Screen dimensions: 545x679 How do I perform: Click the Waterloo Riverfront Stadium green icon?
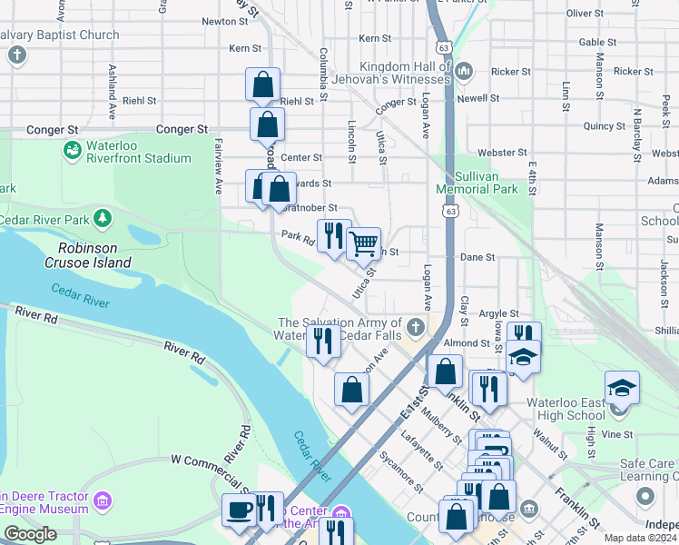click(x=72, y=148)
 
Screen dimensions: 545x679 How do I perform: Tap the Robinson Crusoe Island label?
click(x=94, y=254)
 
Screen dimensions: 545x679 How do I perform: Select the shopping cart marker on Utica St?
click(x=363, y=243)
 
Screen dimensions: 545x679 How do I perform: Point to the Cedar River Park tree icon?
click(x=103, y=218)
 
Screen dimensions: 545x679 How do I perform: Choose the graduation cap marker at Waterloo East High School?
click(x=623, y=388)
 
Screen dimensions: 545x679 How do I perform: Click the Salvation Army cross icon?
click(x=416, y=325)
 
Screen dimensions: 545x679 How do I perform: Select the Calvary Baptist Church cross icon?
click(x=16, y=55)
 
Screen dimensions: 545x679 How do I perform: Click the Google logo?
click(x=30, y=534)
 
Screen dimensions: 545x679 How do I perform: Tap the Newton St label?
click(x=219, y=21)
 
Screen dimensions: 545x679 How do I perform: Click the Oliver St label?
click(x=610, y=14)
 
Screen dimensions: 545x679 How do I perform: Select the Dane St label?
click(x=477, y=257)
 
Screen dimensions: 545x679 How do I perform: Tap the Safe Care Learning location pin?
click(x=645, y=496)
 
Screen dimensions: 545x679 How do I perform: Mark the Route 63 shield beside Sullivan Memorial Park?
click(x=451, y=211)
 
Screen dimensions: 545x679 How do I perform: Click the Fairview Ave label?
click(x=219, y=173)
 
